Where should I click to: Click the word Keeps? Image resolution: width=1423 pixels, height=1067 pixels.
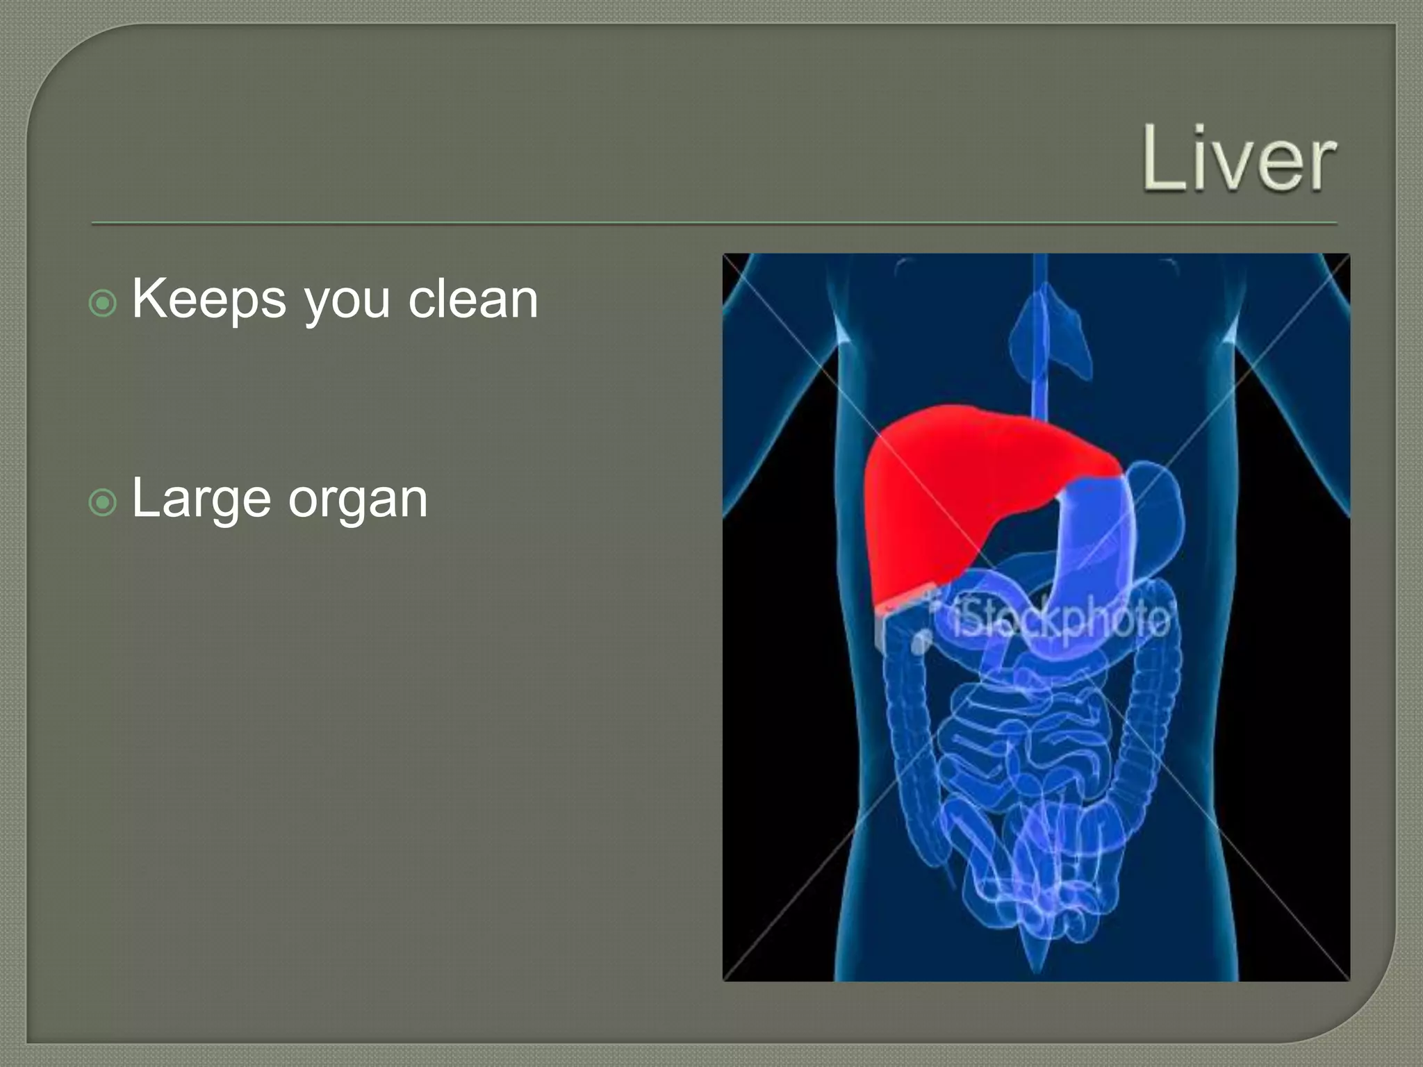(x=208, y=300)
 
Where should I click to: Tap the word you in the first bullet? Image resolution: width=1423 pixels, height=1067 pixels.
(x=347, y=304)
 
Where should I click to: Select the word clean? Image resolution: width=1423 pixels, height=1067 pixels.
(x=472, y=300)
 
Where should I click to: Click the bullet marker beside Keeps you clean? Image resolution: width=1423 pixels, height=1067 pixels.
(x=103, y=303)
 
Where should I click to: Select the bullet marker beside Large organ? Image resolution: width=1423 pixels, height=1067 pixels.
(x=103, y=502)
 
